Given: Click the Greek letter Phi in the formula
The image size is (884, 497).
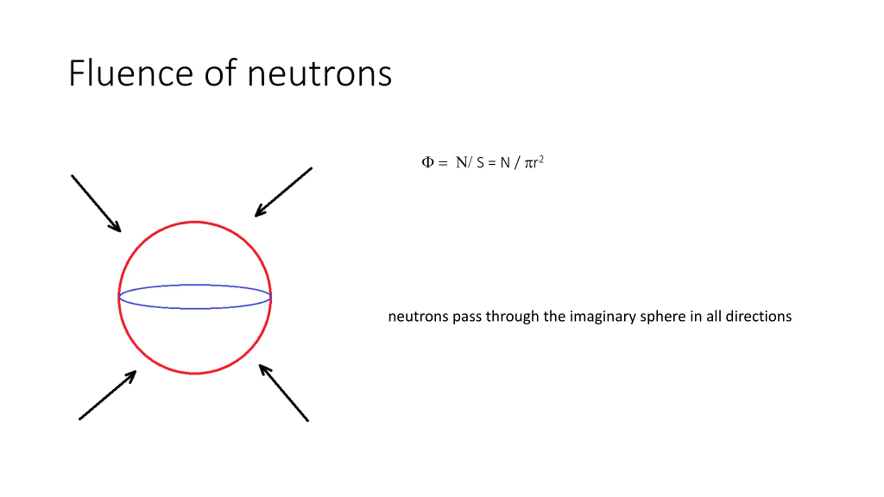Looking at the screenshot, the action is click(427, 162).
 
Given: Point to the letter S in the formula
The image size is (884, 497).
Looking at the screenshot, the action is click(480, 163).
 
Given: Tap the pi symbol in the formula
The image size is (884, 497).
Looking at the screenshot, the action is click(528, 164).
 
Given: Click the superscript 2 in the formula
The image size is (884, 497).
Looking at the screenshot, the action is click(541, 159).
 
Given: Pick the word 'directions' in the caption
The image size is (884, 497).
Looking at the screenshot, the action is click(759, 316).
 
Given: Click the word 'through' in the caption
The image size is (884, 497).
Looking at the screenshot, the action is click(512, 316).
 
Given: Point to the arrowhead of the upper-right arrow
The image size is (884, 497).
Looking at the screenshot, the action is click(259, 213).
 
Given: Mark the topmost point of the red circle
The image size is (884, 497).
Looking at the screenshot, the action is click(195, 222).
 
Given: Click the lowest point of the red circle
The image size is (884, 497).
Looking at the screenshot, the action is click(195, 373).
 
